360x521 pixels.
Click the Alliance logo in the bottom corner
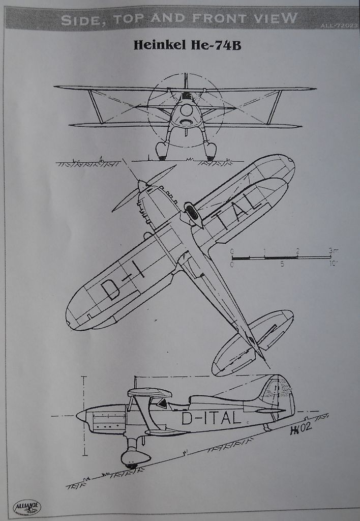pos(26,507)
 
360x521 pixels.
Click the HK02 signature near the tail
pos(301,429)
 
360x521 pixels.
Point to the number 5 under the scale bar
pos(282,265)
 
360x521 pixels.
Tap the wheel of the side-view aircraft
pos(132,464)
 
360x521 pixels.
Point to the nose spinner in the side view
pos(81,416)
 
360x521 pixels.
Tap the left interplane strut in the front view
pos(95,107)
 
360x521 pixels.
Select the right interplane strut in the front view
pos(275,107)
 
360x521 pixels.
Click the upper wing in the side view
pos(149,392)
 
